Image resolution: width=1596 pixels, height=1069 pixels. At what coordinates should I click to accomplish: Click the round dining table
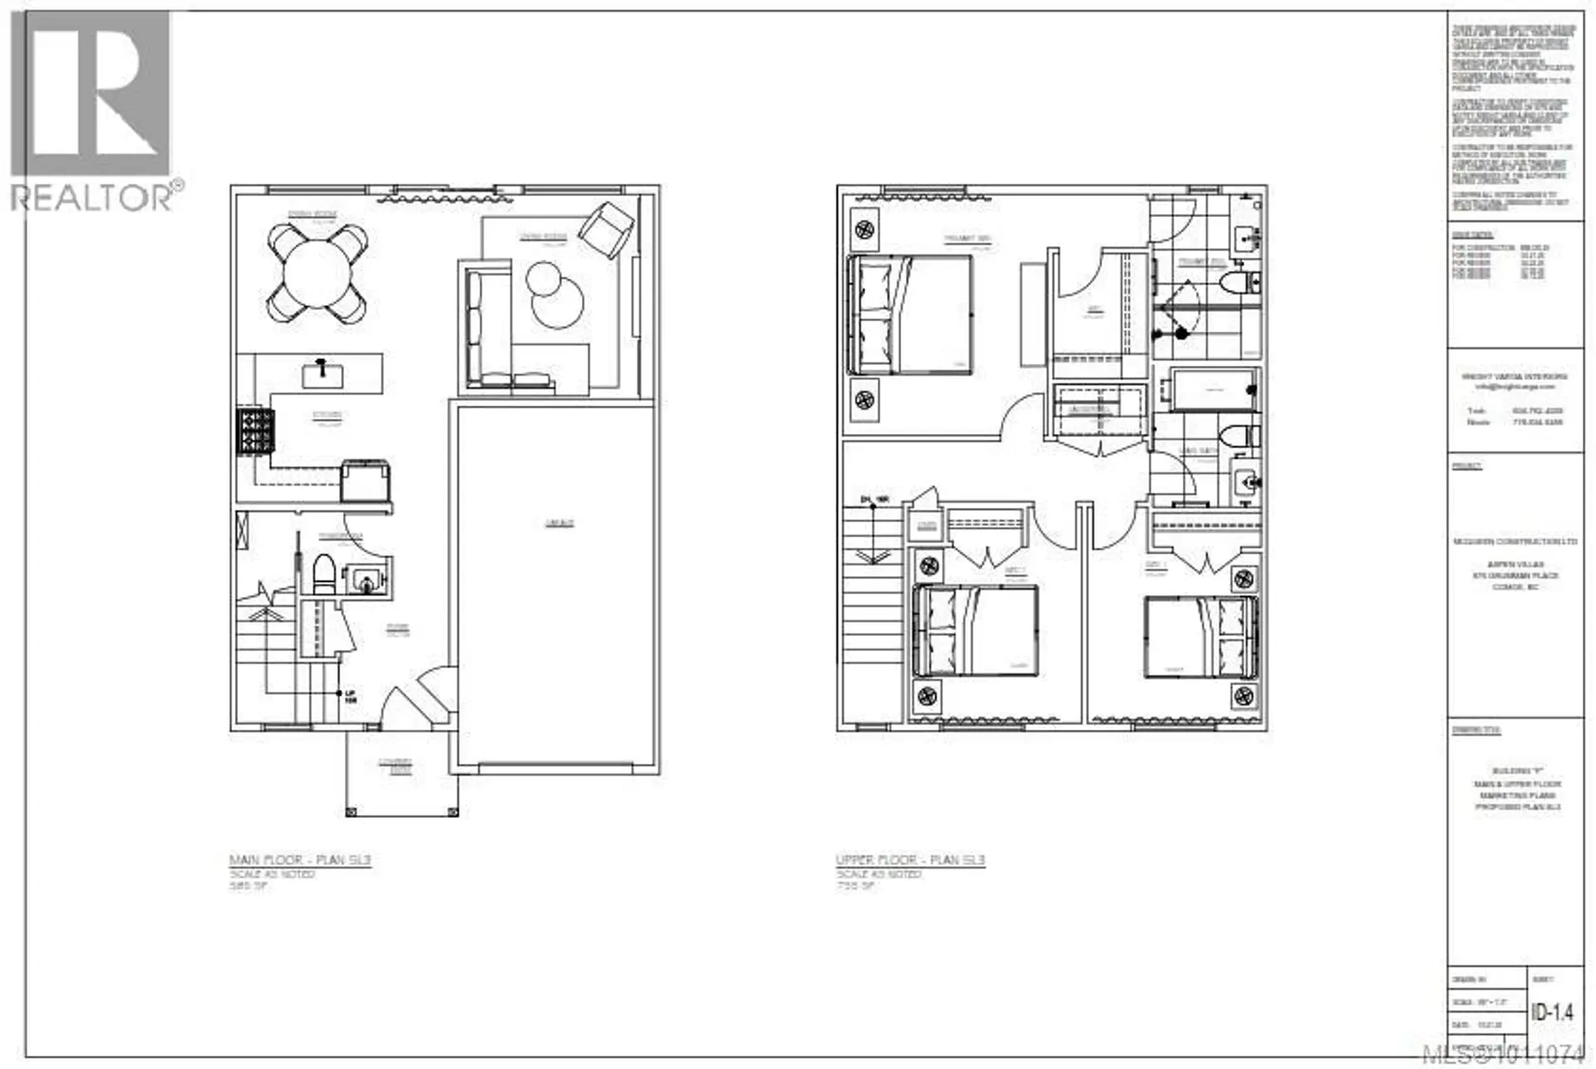click(316, 274)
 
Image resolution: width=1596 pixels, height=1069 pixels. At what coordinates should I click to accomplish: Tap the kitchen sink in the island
click(322, 374)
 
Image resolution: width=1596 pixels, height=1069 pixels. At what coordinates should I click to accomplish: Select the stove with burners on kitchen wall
click(255, 430)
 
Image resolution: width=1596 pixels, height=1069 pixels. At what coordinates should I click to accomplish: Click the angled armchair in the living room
click(607, 224)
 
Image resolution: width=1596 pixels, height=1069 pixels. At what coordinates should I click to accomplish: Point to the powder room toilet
click(323, 574)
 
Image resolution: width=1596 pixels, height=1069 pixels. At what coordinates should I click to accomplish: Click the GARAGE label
click(559, 524)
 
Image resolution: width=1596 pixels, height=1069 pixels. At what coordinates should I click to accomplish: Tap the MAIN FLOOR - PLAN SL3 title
click(300, 860)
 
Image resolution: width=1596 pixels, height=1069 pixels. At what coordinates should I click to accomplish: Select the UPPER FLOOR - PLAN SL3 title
click(910, 860)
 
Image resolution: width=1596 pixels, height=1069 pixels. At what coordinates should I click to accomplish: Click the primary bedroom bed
click(910, 314)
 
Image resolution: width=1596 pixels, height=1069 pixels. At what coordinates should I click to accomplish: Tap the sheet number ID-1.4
click(1551, 1012)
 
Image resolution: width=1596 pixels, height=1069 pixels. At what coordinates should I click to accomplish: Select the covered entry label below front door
click(396, 766)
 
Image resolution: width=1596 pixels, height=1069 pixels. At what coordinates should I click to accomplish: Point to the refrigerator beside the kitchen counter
click(366, 481)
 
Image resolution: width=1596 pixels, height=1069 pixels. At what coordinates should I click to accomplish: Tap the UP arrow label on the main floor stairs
click(350, 697)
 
